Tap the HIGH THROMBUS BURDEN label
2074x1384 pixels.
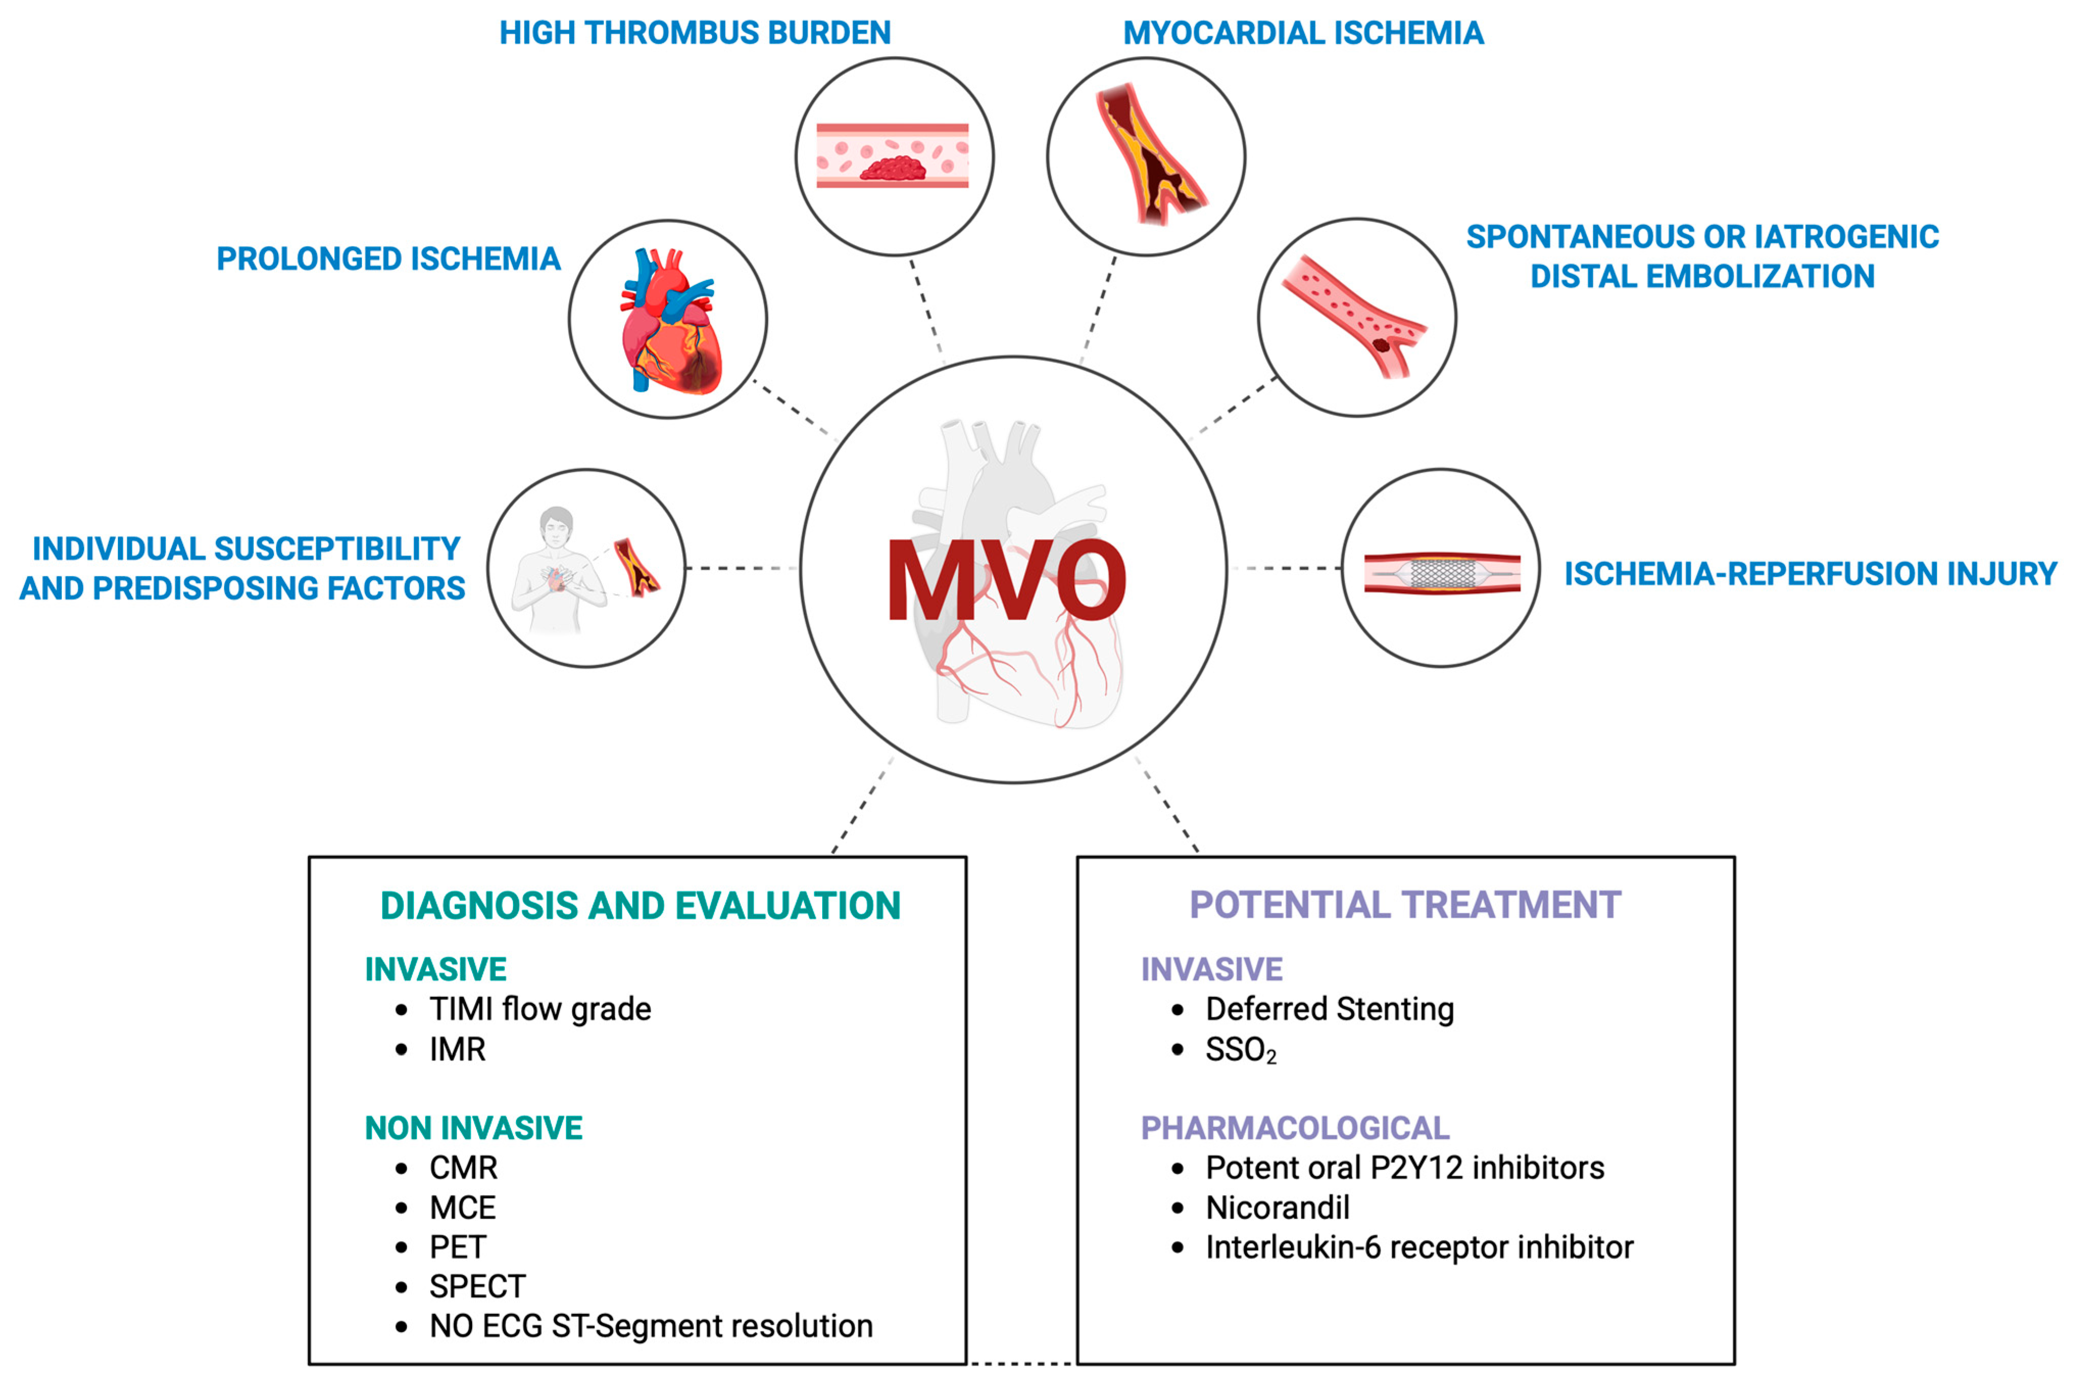click(x=695, y=33)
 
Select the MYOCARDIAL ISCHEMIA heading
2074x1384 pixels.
click(x=1303, y=33)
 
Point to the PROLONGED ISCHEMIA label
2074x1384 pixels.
click(x=388, y=259)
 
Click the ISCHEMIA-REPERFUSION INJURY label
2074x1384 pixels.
click(x=1810, y=574)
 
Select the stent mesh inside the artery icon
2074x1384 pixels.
click(x=1442, y=574)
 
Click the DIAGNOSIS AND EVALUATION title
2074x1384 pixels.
click(x=640, y=906)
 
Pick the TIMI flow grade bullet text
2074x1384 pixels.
click(x=540, y=1009)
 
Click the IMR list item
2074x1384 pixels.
click(x=457, y=1050)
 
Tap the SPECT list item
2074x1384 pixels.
click(x=477, y=1287)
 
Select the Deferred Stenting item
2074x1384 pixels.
click(x=1329, y=1009)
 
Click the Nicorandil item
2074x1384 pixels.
click(x=1277, y=1207)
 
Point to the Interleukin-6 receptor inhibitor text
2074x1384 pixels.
click(x=1419, y=1247)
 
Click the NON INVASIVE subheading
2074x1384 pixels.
click(x=474, y=1128)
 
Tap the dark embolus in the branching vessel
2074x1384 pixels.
click(x=1381, y=345)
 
